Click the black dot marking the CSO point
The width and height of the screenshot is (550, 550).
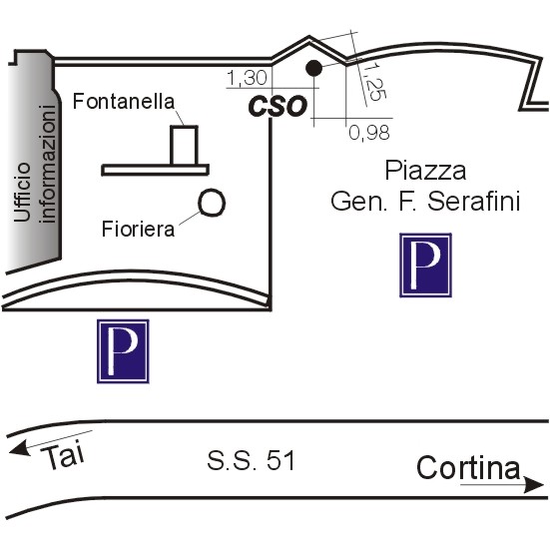313,68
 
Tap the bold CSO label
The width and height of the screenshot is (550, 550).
277,106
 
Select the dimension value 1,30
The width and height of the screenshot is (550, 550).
248,78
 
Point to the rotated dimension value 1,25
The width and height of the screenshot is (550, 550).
373,82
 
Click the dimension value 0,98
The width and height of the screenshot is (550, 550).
369,133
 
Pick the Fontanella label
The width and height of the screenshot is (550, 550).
124,102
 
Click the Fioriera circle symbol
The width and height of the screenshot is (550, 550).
212,203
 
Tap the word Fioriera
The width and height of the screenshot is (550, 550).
138,229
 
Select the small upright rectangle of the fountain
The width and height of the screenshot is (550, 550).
184,145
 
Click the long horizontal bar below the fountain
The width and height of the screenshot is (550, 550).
155,170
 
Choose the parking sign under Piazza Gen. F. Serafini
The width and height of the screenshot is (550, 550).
425,266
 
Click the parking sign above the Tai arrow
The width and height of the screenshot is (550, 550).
123,351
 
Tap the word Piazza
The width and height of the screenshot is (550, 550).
425,171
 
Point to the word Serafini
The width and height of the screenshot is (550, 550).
473,201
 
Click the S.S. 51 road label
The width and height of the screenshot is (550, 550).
251,460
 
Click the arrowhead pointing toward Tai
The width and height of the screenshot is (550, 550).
19,448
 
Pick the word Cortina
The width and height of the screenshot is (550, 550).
468,467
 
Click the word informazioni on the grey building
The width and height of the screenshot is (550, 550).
48,164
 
